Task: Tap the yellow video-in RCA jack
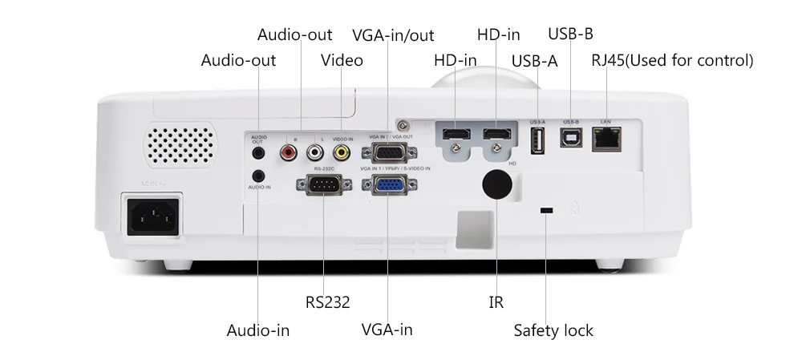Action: [342, 150]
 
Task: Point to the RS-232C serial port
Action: [323, 185]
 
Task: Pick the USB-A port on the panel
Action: [537, 140]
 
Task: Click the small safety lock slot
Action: [546, 211]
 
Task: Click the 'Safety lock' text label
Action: [553, 330]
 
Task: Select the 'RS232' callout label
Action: [327, 302]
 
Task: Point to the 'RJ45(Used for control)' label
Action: [672, 60]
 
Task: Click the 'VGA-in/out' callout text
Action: [393, 34]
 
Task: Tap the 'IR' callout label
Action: [496, 302]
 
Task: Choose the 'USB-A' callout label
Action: [534, 60]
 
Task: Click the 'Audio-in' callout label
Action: [258, 330]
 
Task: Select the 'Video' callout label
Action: [342, 60]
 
